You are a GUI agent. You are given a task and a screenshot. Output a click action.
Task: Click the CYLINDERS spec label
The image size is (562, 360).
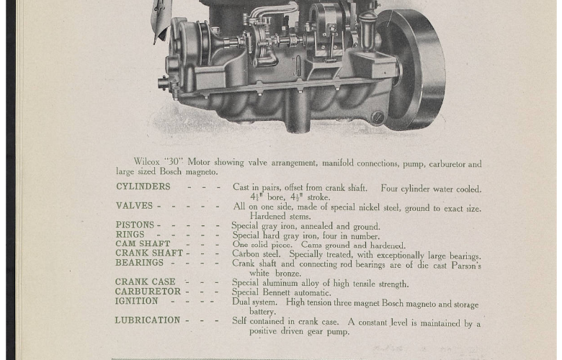pyautogui.click(x=143, y=186)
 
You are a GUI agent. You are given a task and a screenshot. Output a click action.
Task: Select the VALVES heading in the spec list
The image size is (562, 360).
pyautogui.click(x=134, y=206)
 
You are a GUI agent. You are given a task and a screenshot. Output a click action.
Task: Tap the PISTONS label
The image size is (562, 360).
pyautogui.click(x=135, y=225)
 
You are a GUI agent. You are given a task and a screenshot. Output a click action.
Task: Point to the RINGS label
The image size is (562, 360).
pyautogui.click(x=130, y=234)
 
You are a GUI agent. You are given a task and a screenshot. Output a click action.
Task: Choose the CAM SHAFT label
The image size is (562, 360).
pyautogui.click(x=143, y=243)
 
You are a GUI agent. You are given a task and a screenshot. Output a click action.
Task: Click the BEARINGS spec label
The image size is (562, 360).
pyautogui.click(x=139, y=263)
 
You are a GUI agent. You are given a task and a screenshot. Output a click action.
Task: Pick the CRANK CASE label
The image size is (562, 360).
pyautogui.click(x=145, y=282)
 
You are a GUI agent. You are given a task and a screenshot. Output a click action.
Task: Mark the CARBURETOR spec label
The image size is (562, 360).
pyautogui.click(x=148, y=291)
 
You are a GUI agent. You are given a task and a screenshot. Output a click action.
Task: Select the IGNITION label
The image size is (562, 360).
pyautogui.click(x=137, y=301)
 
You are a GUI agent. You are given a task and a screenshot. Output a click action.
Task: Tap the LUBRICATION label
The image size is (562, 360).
pyautogui.click(x=147, y=320)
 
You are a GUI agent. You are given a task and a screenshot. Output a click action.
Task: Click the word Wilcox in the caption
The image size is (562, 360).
pyautogui.click(x=146, y=161)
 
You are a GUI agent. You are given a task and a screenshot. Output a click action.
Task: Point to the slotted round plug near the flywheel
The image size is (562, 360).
pyautogui.click(x=378, y=117)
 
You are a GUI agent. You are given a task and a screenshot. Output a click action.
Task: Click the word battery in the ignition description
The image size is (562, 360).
pyautogui.click(x=262, y=312)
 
